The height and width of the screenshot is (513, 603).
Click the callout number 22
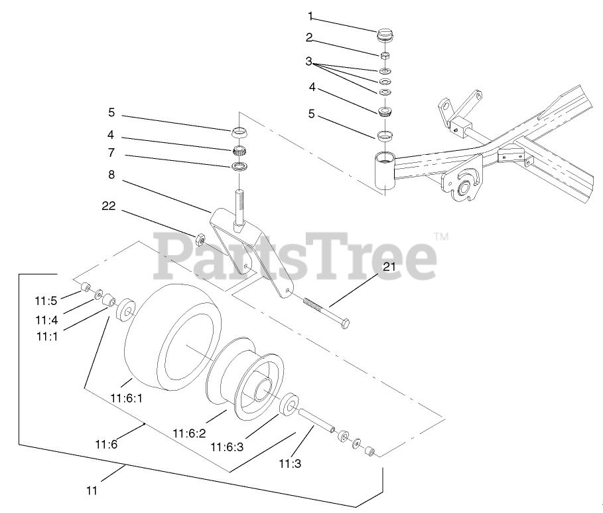coord(109,207)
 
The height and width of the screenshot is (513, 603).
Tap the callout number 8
coord(112,177)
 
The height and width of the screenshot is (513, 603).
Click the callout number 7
coord(112,153)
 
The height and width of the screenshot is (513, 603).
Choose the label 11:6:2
coord(190,433)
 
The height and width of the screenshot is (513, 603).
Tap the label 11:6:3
coord(228,447)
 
